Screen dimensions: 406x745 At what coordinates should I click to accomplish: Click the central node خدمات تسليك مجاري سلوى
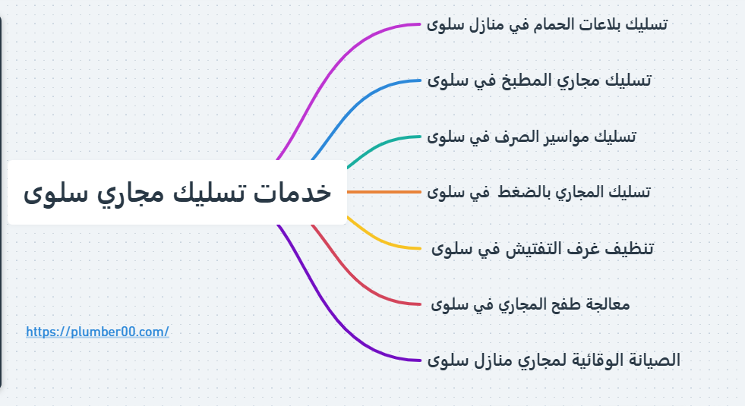[177, 192]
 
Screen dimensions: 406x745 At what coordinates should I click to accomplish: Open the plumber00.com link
[97, 332]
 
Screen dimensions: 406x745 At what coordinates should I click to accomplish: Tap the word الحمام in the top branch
[535, 24]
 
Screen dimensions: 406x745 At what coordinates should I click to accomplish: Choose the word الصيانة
[655, 360]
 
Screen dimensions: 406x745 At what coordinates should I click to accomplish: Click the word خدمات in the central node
[296, 192]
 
